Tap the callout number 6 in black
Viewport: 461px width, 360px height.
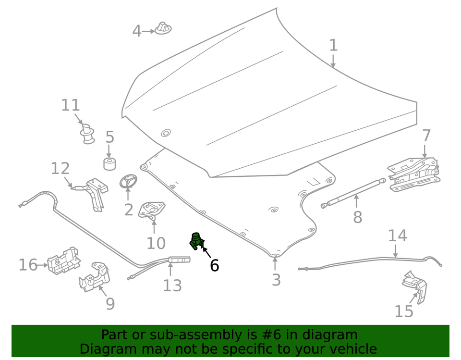[x=214, y=265]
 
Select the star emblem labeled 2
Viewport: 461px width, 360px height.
[x=128, y=182]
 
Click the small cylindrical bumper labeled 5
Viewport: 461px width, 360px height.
[x=110, y=163]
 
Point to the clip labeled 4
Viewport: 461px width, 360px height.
[x=163, y=28]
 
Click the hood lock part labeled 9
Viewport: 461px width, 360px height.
[x=95, y=278]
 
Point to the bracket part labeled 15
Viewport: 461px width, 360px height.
[x=415, y=286]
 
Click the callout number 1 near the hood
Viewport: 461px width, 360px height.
[x=333, y=46]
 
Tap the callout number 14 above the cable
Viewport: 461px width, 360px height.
[x=397, y=236]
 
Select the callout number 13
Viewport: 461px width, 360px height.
[x=172, y=286]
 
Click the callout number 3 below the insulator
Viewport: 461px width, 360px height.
[x=276, y=280]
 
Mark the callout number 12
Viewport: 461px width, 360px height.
[x=60, y=168]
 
